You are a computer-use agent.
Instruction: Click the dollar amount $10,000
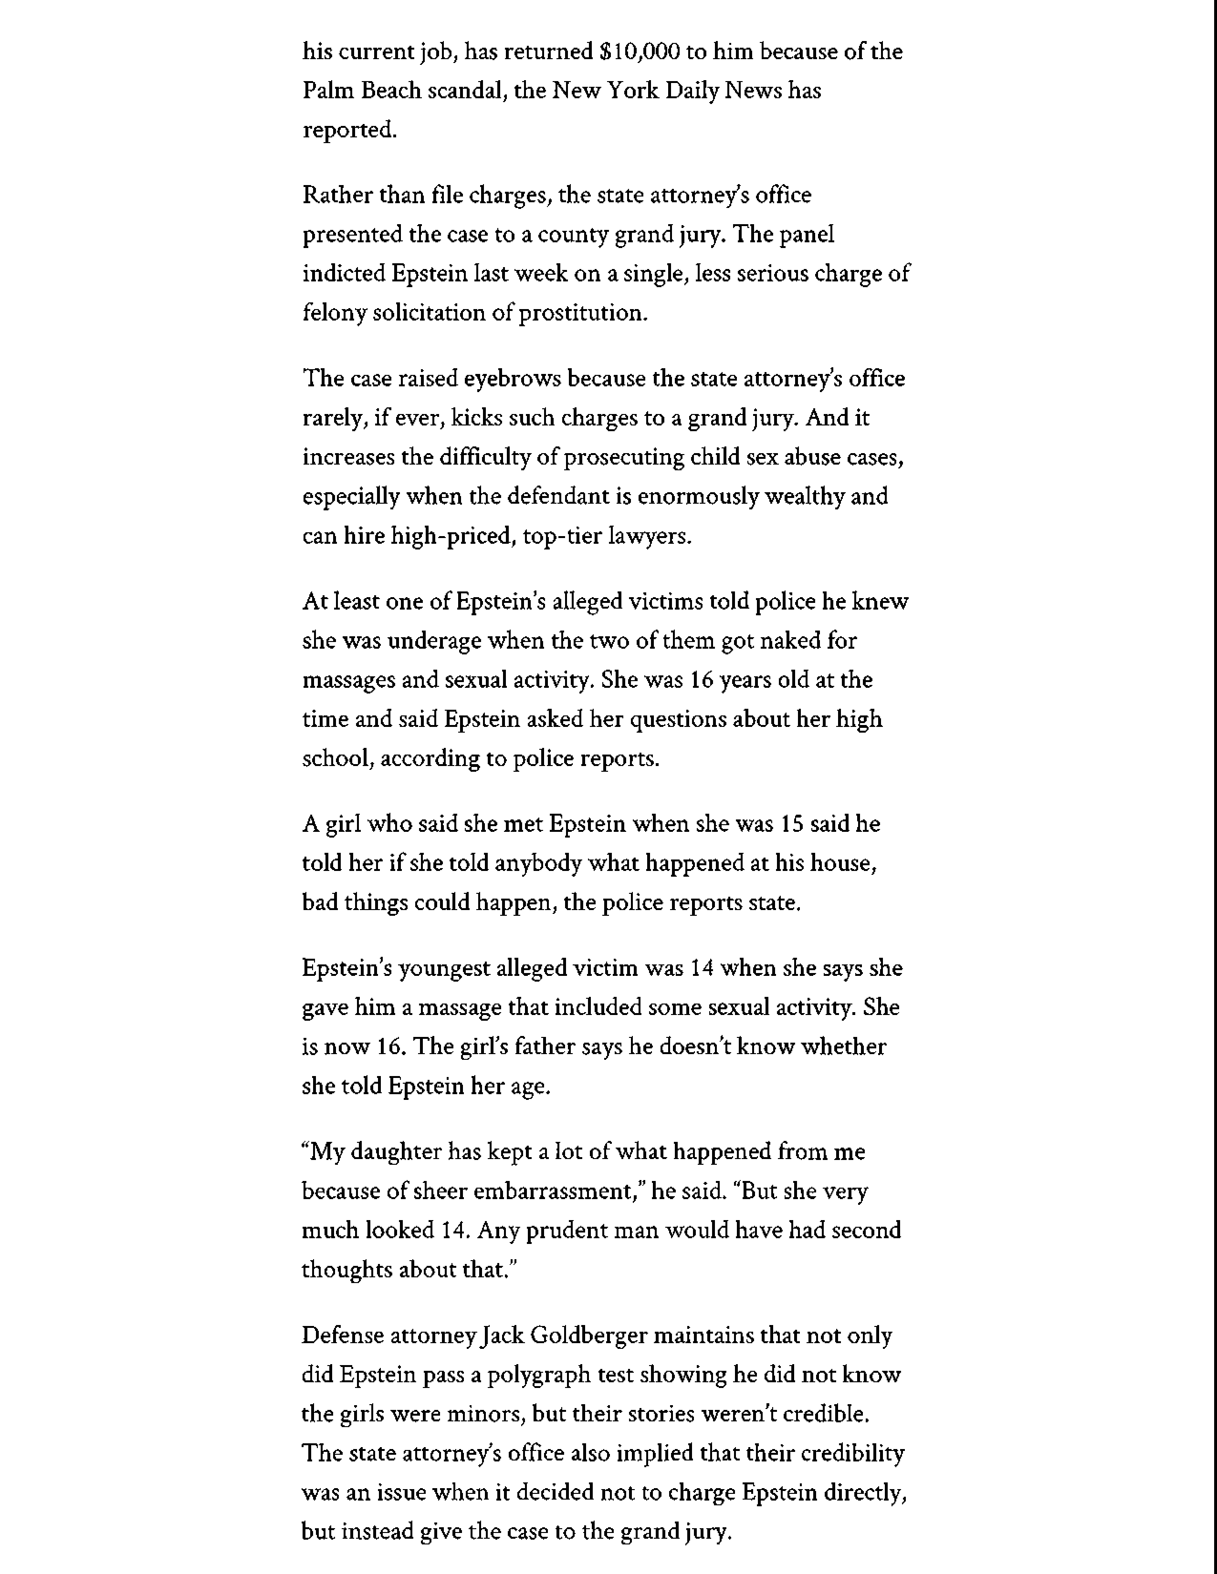coord(639,52)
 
